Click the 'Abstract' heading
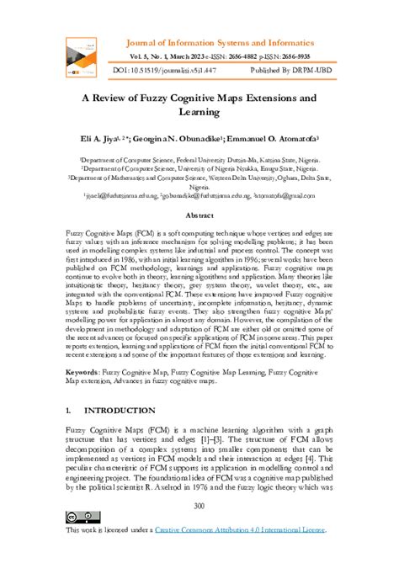[199, 215]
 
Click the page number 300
[199, 505]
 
